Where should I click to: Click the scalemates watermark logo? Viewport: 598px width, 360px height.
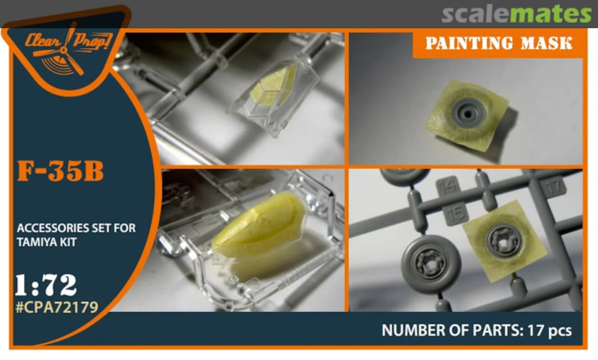click(x=517, y=14)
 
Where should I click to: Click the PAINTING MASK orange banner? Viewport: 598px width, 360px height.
click(x=498, y=43)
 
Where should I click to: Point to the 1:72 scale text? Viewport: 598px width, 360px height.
click(x=46, y=285)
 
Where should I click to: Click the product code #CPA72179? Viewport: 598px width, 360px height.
click(x=57, y=307)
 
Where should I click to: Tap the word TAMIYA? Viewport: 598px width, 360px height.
click(x=33, y=242)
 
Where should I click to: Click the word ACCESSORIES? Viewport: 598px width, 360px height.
click(x=47, y=228)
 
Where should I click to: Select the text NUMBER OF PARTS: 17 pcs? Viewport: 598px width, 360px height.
click(x=477, y=330)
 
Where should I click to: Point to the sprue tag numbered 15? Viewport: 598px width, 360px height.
click(x=456, y=214)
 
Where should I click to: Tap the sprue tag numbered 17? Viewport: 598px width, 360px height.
click(x=553, y=187)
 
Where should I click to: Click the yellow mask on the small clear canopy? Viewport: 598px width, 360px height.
click(x=273, y=87)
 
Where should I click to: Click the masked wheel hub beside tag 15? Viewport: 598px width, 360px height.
click(x=504, y=240)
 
